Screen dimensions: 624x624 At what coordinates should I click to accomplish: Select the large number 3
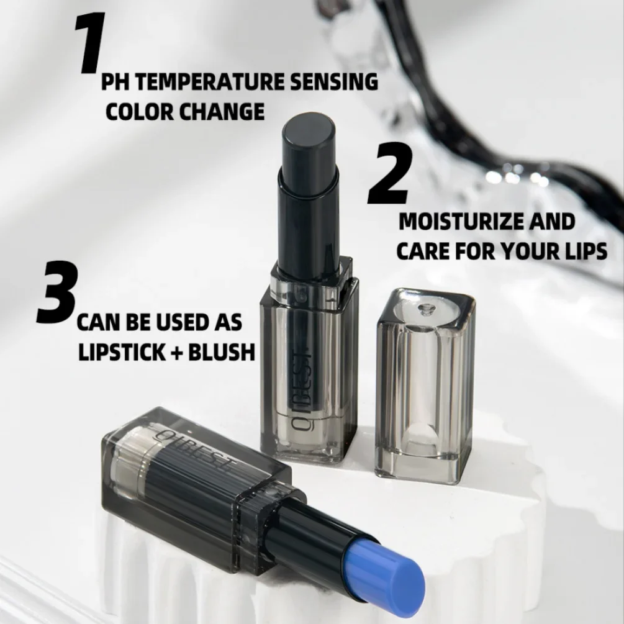point(58,293)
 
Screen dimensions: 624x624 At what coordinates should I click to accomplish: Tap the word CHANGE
point(222,112)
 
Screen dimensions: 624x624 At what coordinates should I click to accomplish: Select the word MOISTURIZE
point(459,222)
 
